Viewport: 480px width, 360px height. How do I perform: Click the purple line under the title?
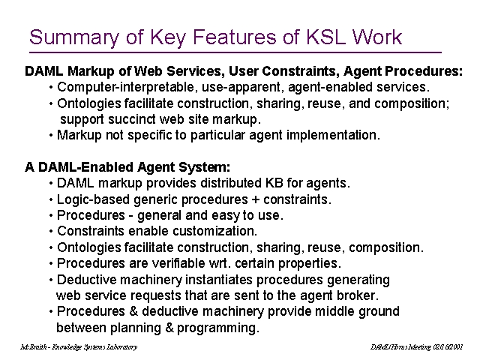235,52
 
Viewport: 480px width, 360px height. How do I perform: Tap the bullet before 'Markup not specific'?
51,135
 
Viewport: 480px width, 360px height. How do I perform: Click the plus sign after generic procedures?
255,200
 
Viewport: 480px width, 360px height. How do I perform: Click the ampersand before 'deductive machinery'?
133,311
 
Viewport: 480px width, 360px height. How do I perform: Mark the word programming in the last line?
218,328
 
